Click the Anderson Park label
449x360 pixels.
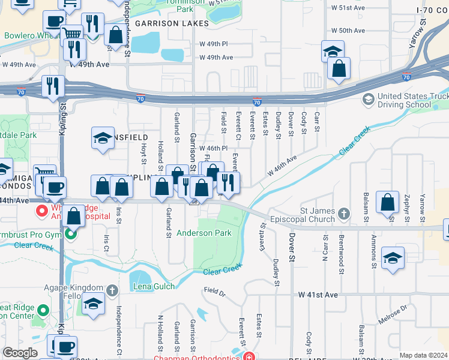click(203, 233)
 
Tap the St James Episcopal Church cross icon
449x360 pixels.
click(343, 213)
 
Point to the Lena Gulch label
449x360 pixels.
click(154, 286)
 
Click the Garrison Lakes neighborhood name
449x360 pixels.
click(171, 23)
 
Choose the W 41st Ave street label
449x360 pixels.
click(318, 295)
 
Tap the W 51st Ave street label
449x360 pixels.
click(349, 8)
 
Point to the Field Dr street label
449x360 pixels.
click(214, 292)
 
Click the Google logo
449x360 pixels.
click(20, 353)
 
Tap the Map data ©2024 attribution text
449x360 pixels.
click(423, 355)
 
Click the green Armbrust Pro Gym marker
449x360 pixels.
click(71, 233)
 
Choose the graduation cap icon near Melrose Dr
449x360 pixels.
click(393, 258)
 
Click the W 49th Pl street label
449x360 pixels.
click(216, 44)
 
